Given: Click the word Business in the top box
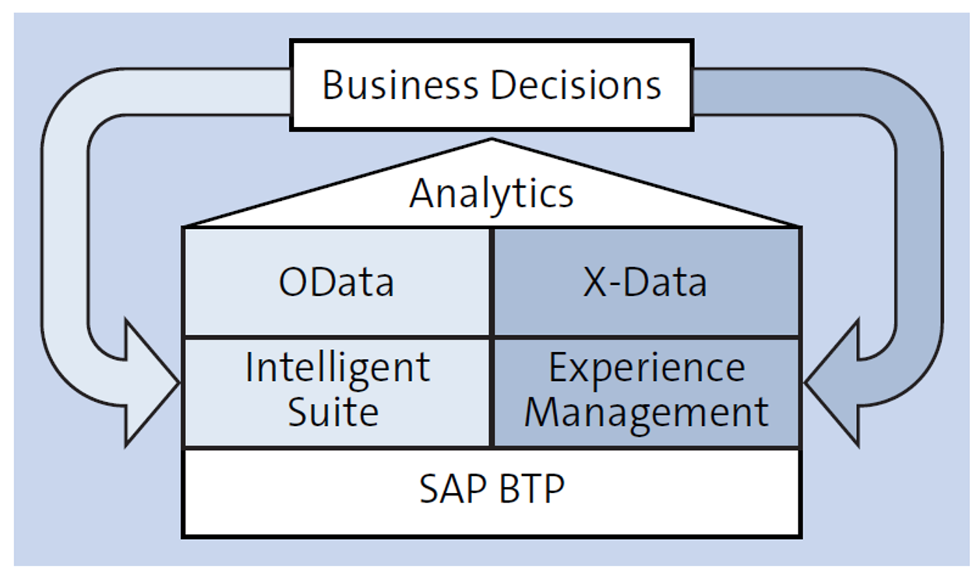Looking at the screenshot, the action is pos(400,85).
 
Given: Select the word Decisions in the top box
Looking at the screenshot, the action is pos(576,85).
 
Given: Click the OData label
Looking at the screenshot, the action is pos(336,282).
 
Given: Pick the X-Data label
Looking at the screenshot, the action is pos(645,282).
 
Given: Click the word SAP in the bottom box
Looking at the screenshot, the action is pos(453,488).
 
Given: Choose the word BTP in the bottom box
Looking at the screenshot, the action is pos(531,488).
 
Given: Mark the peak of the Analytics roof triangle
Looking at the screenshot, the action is pos(492,139).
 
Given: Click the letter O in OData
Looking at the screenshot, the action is pos(294,282).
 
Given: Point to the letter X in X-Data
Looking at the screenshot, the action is pos(595,282).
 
